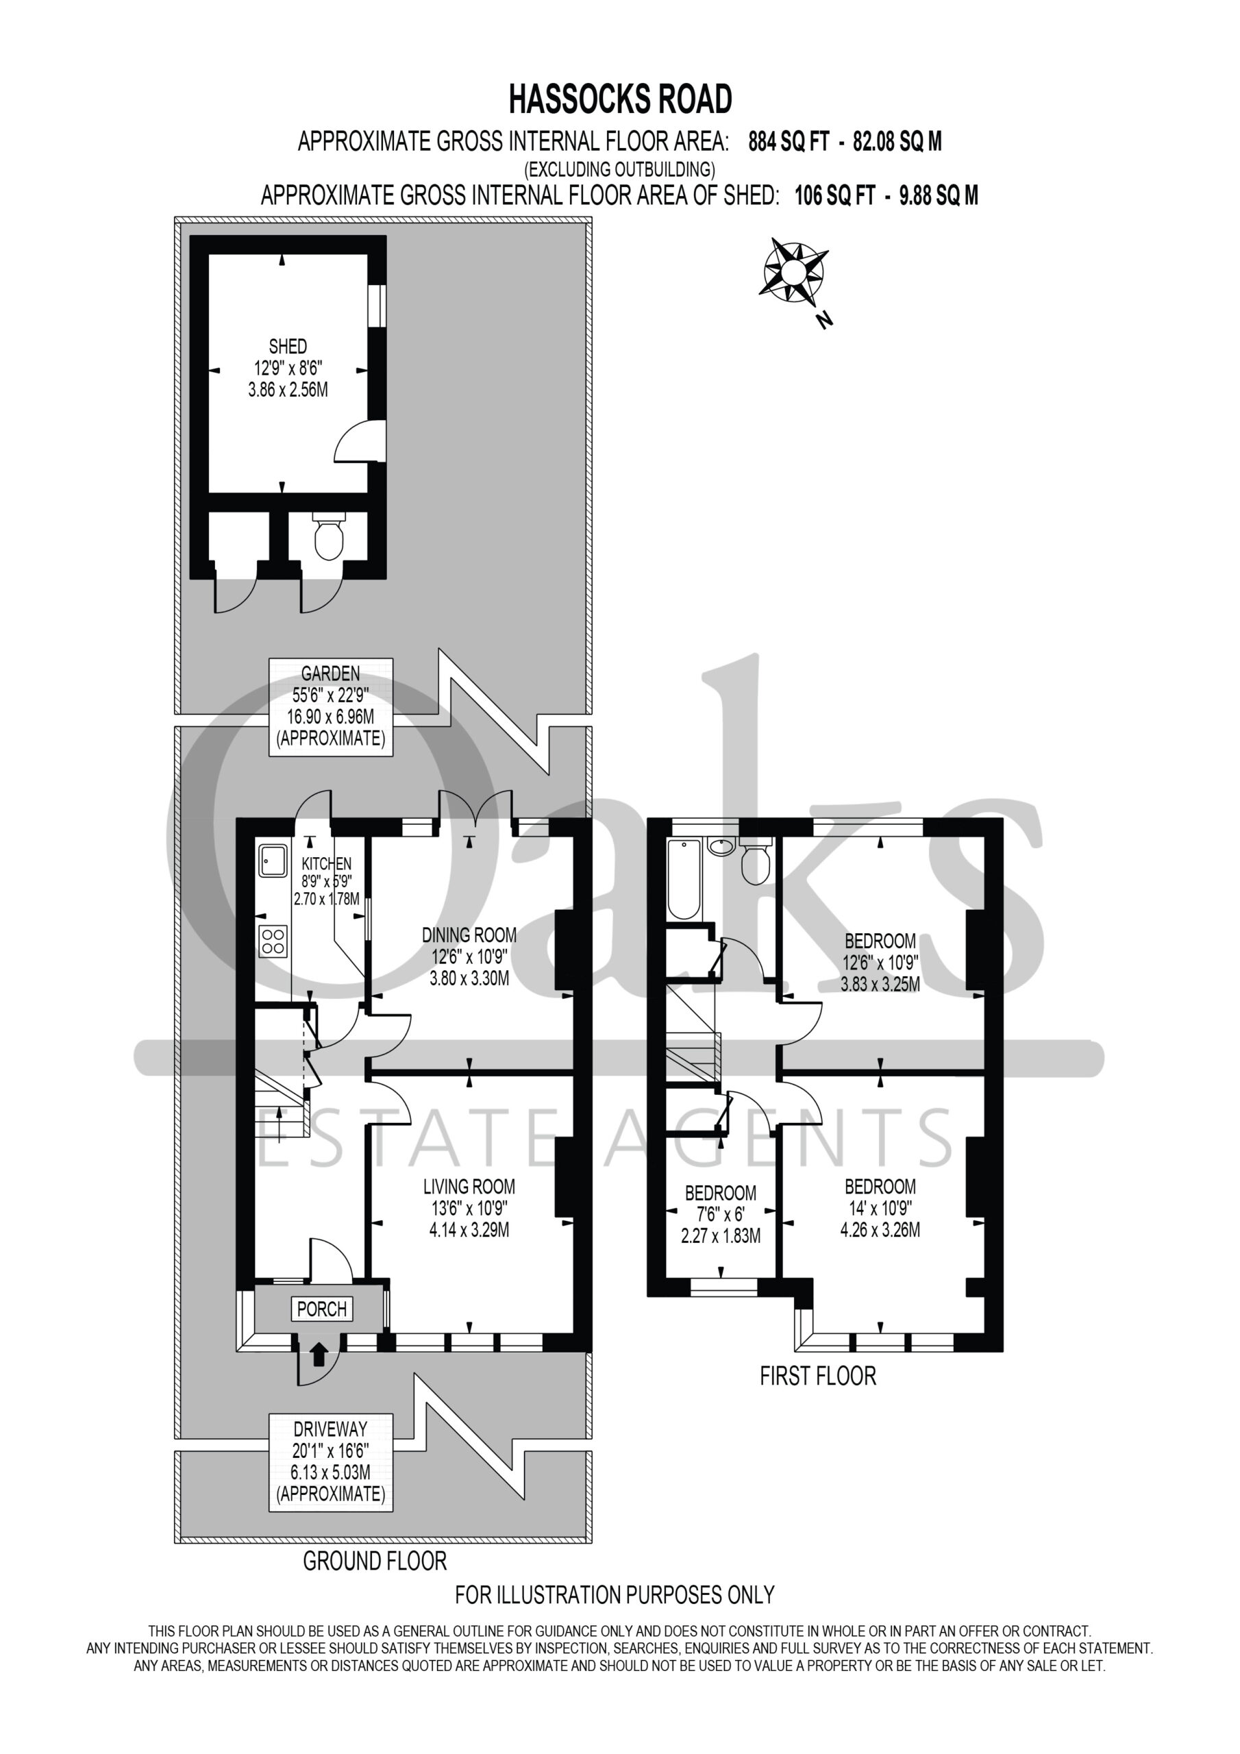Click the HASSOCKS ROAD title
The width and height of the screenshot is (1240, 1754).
click(x=621, y=99)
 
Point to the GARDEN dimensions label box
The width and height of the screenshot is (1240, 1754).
click(x=331, y=706)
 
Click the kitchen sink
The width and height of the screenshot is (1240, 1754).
click(x=272, y=860)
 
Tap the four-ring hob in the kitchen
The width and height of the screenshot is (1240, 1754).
click(x=273, y=941)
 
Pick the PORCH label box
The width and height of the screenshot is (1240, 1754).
click(x=322, y=1309)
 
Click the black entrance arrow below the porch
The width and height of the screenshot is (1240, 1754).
click(x=319, y=1355)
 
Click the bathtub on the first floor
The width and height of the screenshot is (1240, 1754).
click(x=684, y=878)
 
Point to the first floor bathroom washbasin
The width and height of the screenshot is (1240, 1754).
click(x=721, y=845)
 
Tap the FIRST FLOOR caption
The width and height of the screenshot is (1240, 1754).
click(x=817, y=1376)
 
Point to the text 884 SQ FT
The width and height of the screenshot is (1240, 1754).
click(x=789, y=141)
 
